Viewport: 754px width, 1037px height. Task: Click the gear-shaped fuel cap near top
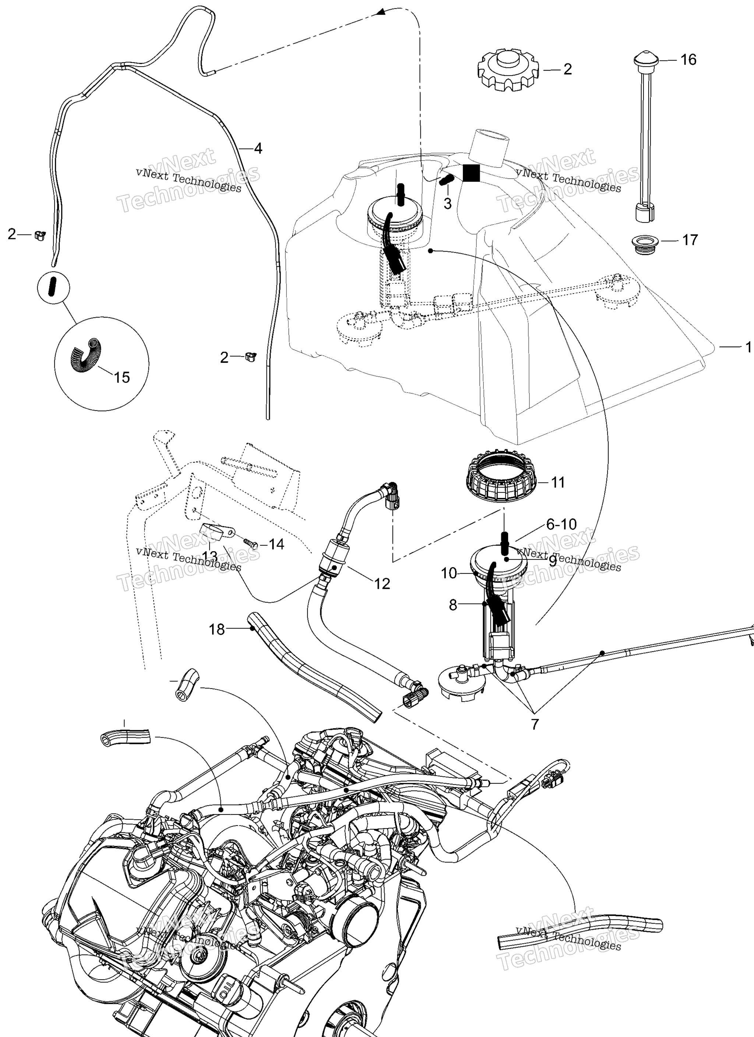(508, 70)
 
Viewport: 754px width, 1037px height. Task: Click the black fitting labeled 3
(446, 180)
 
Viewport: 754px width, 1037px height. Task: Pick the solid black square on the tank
(471, 173)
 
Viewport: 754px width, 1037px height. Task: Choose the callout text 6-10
(561, 524)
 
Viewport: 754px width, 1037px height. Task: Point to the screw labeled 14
(250, 543)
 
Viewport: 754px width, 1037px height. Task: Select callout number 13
(209, 556)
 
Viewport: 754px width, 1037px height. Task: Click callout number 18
(217, 630)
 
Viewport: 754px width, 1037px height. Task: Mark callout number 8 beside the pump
(453, 605)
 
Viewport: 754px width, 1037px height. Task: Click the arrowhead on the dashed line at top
(380, 13)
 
